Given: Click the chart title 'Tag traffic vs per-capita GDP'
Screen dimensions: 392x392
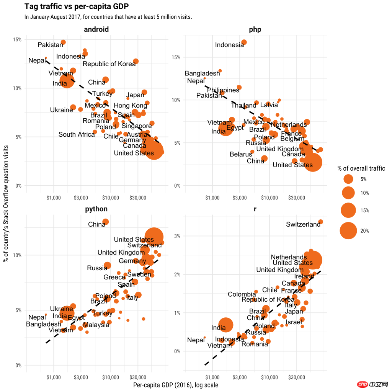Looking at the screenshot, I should pos(76,7).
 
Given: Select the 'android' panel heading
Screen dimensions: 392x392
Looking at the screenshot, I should pos(96,29).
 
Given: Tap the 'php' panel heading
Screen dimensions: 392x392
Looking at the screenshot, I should pos(255,29).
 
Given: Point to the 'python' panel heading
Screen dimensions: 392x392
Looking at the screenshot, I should pos(96,209).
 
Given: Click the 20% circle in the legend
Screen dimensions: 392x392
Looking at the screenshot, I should pos(348,230).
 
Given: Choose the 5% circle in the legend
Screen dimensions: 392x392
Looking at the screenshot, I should pos(348,179).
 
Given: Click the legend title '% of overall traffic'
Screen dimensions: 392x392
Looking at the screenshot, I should pos(361,168).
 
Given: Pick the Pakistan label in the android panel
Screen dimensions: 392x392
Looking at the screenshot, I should pos(50,45).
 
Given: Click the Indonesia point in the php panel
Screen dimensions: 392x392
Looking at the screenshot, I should pos(244,42).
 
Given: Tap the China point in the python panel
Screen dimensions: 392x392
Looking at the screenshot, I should pos(105,222).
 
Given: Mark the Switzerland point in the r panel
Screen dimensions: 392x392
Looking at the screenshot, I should pos(321,222).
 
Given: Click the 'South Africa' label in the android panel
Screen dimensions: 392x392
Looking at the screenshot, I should pos(77,134).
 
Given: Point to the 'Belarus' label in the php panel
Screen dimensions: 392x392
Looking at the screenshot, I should pos(241,154).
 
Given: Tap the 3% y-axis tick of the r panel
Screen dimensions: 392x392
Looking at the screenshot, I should pos(177,236).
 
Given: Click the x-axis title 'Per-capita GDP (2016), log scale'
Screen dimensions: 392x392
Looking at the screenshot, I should pos(176,385).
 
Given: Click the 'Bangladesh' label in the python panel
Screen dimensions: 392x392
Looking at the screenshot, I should pos(43,324).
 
